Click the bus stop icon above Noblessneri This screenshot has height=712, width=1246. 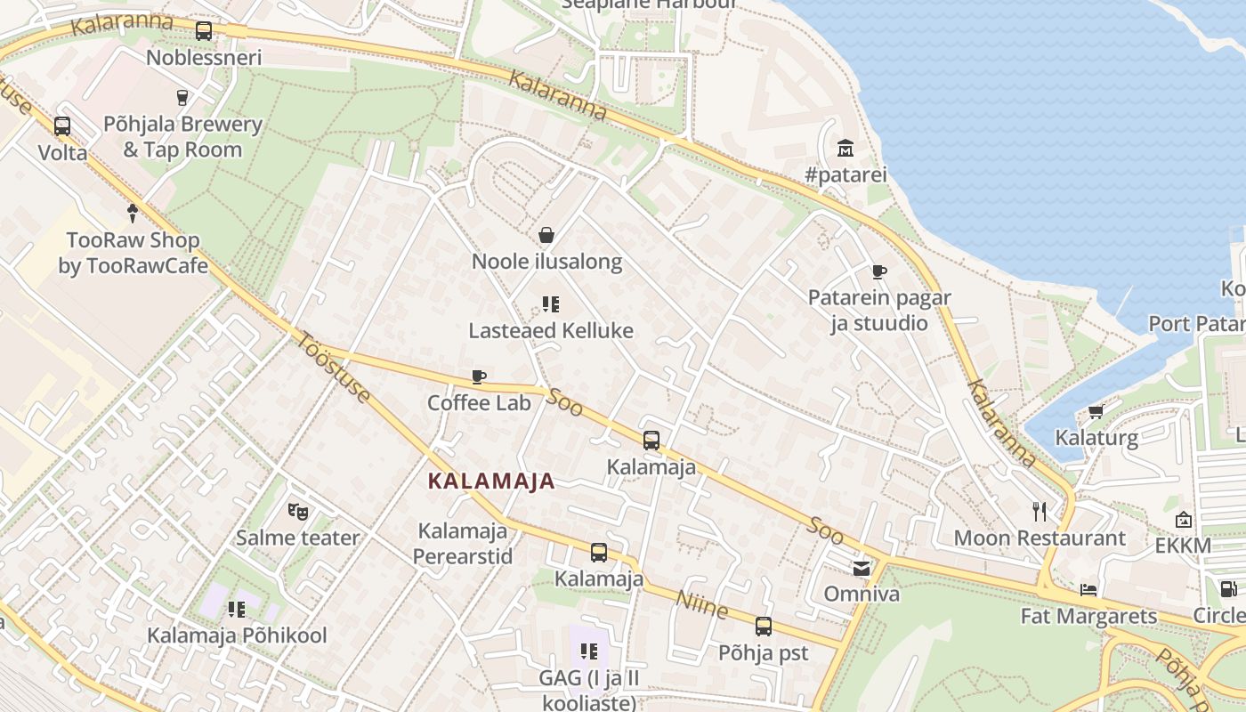point(204,31)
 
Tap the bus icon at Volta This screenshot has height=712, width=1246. point(62,126)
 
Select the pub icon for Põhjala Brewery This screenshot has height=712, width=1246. point(182,97)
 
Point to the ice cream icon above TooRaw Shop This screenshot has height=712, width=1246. point(133,213)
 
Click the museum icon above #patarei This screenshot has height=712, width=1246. point(845,148)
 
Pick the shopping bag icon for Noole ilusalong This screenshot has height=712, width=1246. point(546,235)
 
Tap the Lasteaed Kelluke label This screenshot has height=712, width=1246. point(551,331)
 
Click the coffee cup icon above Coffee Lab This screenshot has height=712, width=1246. point(479,376)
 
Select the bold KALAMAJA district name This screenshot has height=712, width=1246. point(491,481)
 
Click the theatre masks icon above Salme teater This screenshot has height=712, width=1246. point(297,511)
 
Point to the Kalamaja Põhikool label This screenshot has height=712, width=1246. point(237,635)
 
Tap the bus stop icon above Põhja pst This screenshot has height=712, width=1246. point(763,627)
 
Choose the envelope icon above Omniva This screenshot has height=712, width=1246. point(862,568)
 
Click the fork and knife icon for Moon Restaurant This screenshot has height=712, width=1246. point(1039,511)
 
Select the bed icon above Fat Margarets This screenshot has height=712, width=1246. point(1088,589)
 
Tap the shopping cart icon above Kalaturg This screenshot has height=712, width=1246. point(1096,411)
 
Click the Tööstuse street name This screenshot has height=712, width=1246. point(333,367)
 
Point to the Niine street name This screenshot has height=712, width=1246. point(702,604)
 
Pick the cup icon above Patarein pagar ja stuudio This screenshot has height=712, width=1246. point(879,271)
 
